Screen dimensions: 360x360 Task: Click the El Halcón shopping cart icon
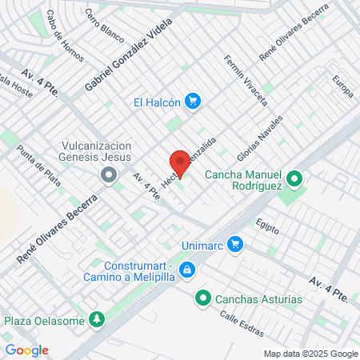(192, 102)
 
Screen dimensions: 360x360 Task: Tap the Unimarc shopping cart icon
(234, 243)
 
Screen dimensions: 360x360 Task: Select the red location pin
(179, 162)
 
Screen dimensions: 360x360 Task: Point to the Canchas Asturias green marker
(203, 299)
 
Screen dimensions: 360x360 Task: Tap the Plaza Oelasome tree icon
(97, 320)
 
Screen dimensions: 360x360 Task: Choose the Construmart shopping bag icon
(186, 270)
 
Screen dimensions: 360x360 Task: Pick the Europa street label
(342, 86)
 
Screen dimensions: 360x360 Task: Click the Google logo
(26, 350)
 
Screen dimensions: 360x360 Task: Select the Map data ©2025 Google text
(311, 354)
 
